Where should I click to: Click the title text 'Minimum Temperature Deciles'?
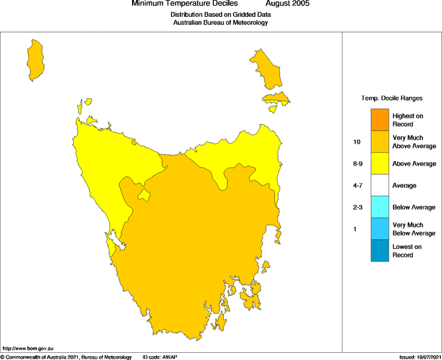tap(185, 4)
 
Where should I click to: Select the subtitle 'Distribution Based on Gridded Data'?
tap(220, 14)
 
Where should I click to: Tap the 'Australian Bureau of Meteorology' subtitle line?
tap(220, 22)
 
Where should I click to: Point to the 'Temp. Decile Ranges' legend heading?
tap(391, 98)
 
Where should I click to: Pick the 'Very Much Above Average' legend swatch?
tap(380, 142)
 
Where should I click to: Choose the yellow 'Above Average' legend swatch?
tap(380, 164)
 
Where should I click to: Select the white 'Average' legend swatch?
tap(380, 185)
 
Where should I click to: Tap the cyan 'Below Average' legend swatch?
tap(380, 207)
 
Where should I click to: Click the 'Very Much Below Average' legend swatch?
tap(380, 229)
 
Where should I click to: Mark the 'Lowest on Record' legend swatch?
tap(380, 251)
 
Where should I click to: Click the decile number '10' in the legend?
tap(357, 142)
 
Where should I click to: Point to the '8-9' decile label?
tap(357, 164)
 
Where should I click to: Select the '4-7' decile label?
tap(357, 186)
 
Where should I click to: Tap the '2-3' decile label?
tap(357, 207)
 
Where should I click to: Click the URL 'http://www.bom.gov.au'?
tap(28, 349)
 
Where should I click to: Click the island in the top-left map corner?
tap(35, 59)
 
